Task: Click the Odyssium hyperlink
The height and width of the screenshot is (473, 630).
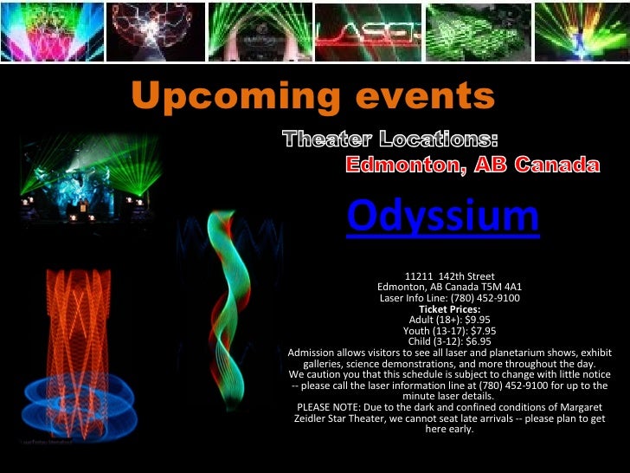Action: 442,217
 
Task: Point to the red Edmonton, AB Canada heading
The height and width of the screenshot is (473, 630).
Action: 472,165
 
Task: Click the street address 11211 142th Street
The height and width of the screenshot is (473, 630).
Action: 449,276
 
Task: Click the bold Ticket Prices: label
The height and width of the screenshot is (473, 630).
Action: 449,308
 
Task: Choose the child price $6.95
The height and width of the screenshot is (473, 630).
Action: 472,341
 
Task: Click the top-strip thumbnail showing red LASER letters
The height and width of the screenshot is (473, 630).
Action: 368,32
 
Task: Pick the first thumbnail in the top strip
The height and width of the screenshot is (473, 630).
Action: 51,32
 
